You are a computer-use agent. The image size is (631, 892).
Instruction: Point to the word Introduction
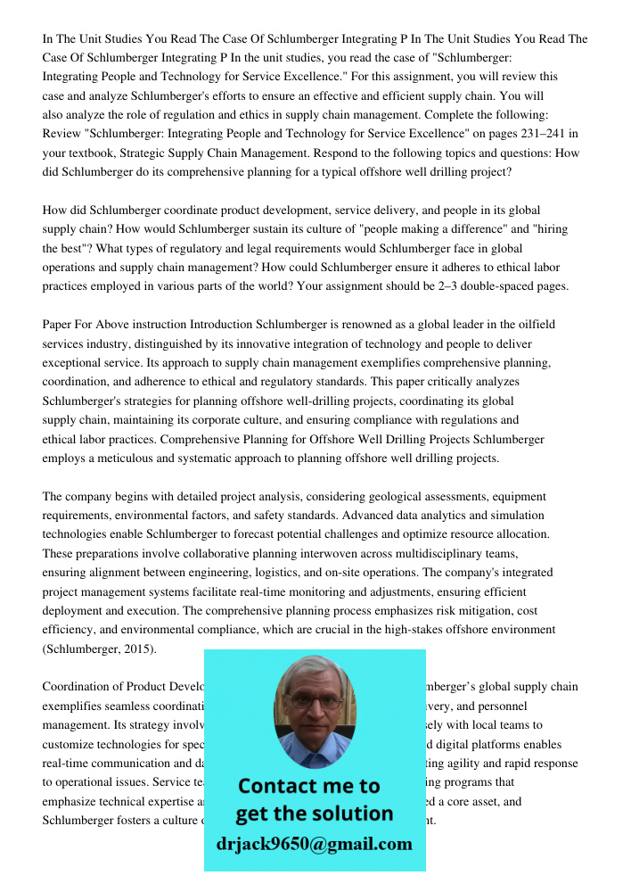(x=222, y=325)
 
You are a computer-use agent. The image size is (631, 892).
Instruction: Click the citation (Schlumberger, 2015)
(x=99, y=649)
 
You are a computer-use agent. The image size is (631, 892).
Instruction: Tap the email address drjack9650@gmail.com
(x=314, y=844)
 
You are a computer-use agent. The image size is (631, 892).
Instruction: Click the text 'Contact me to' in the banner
(x=308, y=786)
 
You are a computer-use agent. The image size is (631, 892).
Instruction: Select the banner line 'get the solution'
(x=314, y=814)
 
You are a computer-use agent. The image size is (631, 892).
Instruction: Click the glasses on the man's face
(x=313, y=701)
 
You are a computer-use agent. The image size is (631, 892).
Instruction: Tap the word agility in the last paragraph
(x=477, y=764)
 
